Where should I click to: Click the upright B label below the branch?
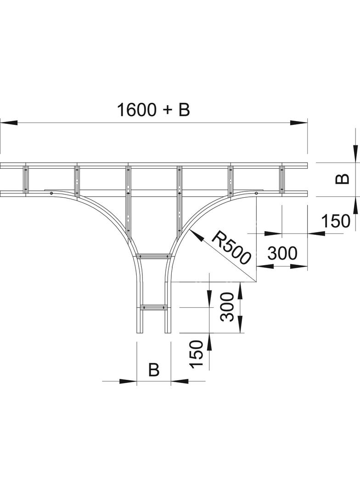coord(153,369)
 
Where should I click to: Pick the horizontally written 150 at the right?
coord(335,221)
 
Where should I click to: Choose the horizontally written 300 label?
coord(282,253)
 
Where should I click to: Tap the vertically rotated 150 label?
coord(197,354)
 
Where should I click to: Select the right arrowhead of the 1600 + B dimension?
coord(298,122)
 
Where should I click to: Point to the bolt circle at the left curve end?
coord(51,193)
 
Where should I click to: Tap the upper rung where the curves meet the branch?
coord(153,256)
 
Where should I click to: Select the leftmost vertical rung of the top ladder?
coord(26,179)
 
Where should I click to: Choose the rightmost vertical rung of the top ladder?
coord(281,179)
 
